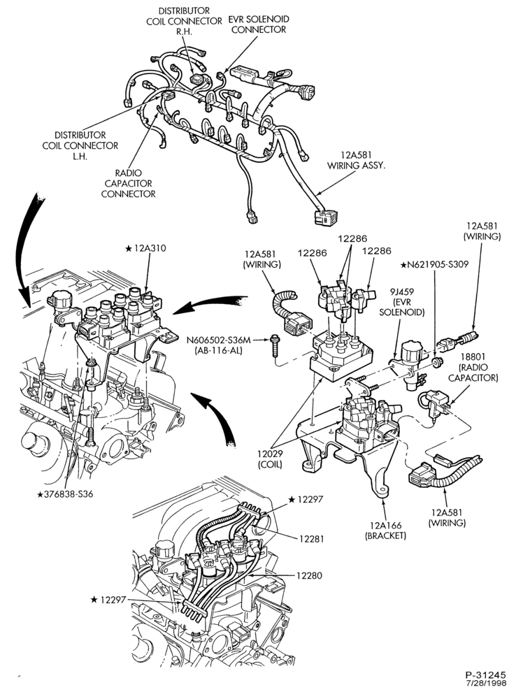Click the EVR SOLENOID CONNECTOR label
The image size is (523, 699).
pos(259,24)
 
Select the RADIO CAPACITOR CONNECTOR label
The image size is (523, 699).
pos(129,183)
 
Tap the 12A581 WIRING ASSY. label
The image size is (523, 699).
pos(357,160)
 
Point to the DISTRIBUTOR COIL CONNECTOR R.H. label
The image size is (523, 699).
pos(184,21)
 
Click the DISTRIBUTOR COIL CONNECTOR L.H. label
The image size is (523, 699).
pos(80,145)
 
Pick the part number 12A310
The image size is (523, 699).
pos(145,248)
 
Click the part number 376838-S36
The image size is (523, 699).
pos(65,494)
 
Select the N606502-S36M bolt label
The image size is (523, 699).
pos(218,345)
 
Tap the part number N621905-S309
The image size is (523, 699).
pos(434,265)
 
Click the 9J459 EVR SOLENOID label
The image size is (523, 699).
pos(401,302)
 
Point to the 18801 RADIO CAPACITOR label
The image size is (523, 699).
pos(473,368)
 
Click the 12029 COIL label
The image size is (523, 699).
pos(270,459)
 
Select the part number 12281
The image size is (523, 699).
pos(311,539)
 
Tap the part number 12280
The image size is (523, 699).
pos(309,575)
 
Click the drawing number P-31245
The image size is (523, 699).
pos(490,675)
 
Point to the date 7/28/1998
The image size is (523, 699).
pos(493,684)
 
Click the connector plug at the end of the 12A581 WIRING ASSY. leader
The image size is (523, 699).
pos(324,217)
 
